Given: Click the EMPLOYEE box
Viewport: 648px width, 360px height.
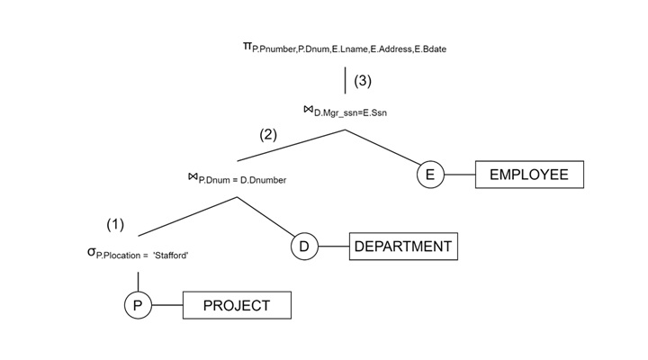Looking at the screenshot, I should point(528,175).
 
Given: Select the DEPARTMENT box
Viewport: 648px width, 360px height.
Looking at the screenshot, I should point(402,246).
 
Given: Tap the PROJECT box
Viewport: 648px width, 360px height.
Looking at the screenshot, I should point(237,306).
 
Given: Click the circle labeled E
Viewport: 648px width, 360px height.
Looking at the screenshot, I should point(430,175).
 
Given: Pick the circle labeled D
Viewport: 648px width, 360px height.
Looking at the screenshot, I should point(304,246).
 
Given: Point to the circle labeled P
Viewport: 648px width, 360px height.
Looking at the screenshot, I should point(138,306).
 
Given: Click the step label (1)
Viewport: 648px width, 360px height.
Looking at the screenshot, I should point(115,224).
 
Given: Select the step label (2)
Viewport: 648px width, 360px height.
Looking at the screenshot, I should point(268,135).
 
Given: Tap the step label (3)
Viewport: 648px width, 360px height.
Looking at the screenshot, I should point(362,80).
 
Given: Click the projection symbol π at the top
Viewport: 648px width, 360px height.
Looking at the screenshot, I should point(247,45).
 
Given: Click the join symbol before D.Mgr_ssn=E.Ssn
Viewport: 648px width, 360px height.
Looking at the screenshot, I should point(308,110).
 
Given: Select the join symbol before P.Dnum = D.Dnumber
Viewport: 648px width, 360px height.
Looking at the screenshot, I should point(193,176).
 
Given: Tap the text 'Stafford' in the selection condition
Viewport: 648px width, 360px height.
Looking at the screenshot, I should point(170,256).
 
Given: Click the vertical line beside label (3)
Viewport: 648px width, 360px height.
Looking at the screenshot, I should point(346,79).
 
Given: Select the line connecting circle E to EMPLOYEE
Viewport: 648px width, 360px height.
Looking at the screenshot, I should point(460,175).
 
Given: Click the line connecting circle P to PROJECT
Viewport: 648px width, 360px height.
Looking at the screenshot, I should point(167,306).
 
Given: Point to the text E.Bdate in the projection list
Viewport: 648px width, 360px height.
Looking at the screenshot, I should point(427,49).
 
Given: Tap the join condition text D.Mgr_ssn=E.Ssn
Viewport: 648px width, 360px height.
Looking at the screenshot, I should point(351,113).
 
